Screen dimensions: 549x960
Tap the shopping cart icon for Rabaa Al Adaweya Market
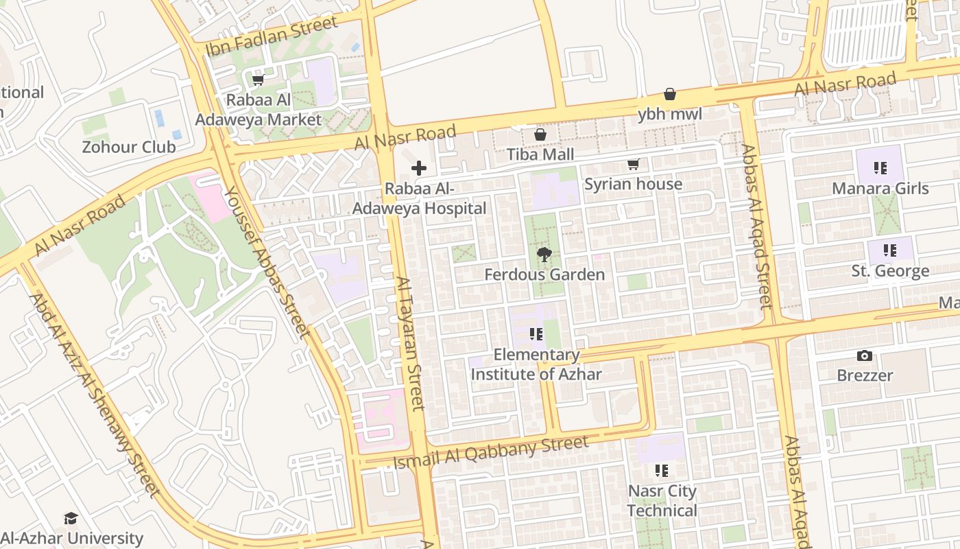tap(259, 80)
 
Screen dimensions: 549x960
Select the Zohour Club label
tap(129, 147)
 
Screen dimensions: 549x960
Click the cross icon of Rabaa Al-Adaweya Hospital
tap(419, 168)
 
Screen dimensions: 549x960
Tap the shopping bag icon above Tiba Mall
tap(540, 135)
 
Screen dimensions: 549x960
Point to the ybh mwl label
tap(670, 114)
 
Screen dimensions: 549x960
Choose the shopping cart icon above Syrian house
tap(633, 165)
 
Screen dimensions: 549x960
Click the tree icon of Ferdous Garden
tap(544, 255)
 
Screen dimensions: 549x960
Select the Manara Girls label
tap(880, 188)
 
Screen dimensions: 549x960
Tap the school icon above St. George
tap(890, 250)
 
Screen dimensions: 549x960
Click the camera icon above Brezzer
tap(865, 355)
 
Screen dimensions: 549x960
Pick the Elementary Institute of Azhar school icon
tap(536, 334)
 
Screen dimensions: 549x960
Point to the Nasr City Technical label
tap(662, 501)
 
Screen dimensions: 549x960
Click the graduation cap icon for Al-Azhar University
tap(71, 518)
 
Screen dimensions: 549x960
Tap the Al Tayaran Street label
tap(411, 343)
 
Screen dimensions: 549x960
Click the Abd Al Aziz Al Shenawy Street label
tap(95, 395)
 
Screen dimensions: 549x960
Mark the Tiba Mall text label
tap(540, 154)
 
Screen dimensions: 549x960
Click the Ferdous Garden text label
tap(544, 274)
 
